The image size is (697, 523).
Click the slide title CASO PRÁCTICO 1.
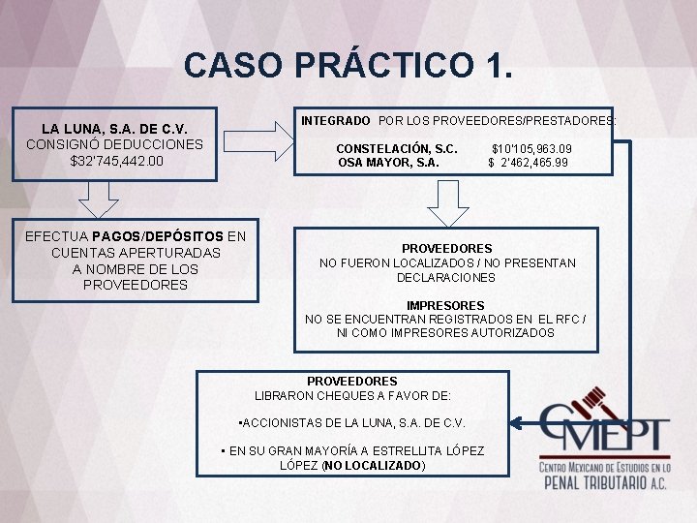coord(348,65)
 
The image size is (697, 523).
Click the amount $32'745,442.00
coord(115,160)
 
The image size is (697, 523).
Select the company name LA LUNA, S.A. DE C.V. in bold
coord(114,128)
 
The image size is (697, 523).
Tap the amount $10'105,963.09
coord(531,148)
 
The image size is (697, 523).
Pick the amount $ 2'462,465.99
coord(529,163)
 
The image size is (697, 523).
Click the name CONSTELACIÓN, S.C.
coord(397,148)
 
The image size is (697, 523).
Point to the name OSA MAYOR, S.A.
coord(388,163)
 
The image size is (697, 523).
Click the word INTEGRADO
coord(335,121)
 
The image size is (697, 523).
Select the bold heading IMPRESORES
coord(445,305)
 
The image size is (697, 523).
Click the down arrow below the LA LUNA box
coord(97,201)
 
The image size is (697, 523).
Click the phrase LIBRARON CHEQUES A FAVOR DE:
coord(352,396)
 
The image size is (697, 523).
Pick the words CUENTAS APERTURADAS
coord(136,253)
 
